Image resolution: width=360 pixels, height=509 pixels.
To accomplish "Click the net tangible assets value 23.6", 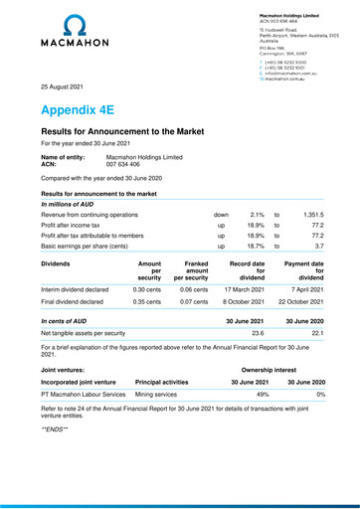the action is pyautogui.click(x=259, y=334).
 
